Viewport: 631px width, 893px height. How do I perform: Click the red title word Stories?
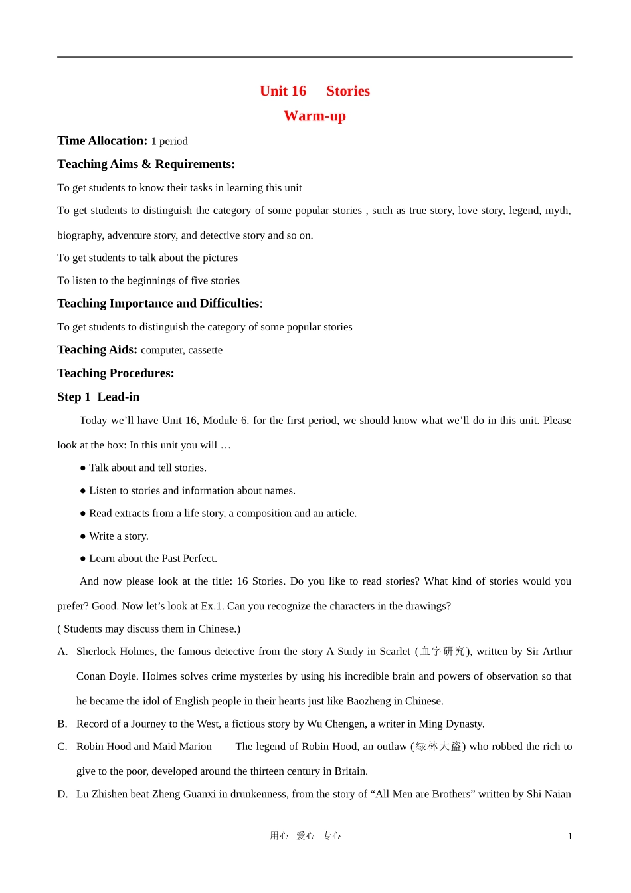348,91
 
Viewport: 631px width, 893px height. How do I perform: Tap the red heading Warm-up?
315,116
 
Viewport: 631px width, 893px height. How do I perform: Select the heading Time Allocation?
102,140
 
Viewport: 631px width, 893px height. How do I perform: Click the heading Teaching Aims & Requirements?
146,164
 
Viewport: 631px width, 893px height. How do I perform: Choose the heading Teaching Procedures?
116,373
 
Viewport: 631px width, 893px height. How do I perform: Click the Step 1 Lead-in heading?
98,397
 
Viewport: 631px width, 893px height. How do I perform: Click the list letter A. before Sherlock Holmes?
62,651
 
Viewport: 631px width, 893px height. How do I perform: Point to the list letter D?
62,793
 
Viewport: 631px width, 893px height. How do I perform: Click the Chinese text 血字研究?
443,651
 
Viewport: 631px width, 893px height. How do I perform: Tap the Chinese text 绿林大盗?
438,746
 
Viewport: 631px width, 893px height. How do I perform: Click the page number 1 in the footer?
570,836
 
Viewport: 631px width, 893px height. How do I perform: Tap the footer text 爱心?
306,835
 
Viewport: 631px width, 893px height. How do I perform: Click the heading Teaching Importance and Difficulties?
158,304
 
